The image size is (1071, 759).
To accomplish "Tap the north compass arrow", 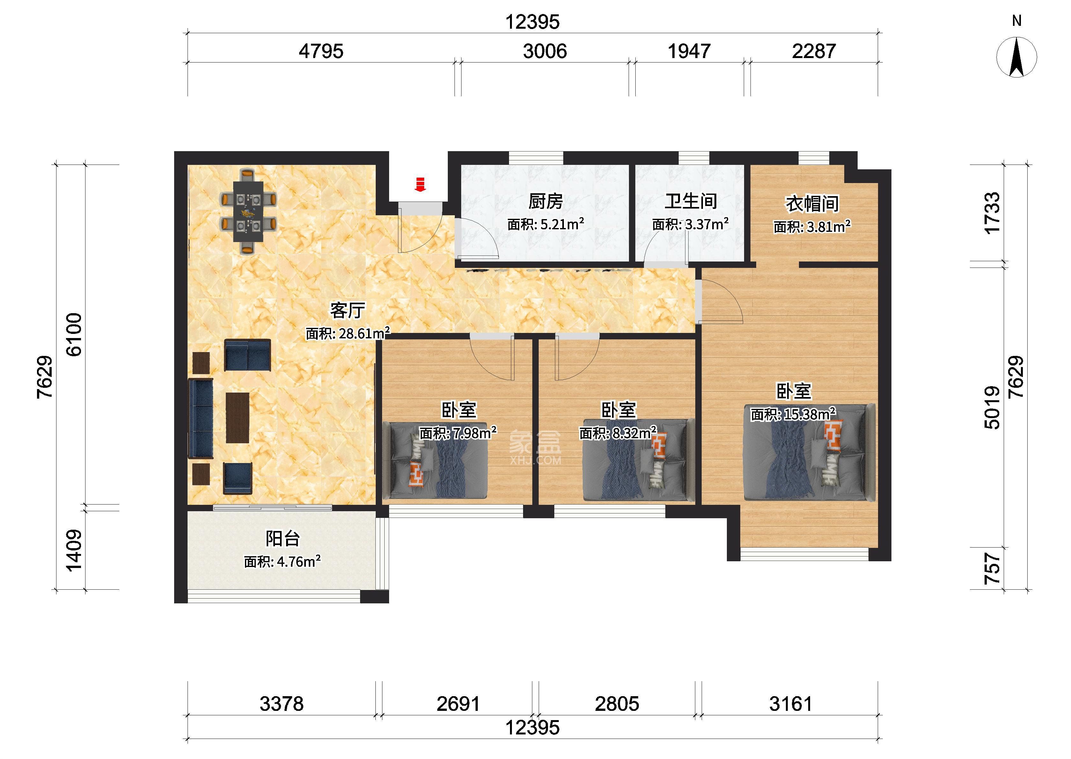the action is pyautogui.click(x=1017, y=57).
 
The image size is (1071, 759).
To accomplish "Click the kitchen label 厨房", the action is pyautogui.click(x=545, y=202).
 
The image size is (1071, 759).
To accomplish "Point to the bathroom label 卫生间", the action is pyautogui.click(x=691, y=202).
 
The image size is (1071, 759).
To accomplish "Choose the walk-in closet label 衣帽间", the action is pyautogui.click(x=812, y=204).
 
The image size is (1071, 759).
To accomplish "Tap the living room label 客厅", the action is pyautogui.click(x=348, y=310).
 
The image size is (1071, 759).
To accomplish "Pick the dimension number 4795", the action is pyautogui.click(x=321, y=51).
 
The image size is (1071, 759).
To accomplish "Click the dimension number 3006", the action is pyautogui.click(x=545, y=51).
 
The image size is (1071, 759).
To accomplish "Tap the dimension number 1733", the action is pyautogui.click(x=992, y=213).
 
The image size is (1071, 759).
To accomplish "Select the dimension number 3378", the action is pyautogui.click(x=281, y=704).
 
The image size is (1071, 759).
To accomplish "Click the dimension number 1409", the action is pyautogui.click(x=74, y=550).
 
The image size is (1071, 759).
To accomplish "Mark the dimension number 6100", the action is pyautogui.click(x=74, y=335).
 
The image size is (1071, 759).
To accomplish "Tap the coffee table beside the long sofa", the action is pyautogui.click(x=237, y=417).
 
